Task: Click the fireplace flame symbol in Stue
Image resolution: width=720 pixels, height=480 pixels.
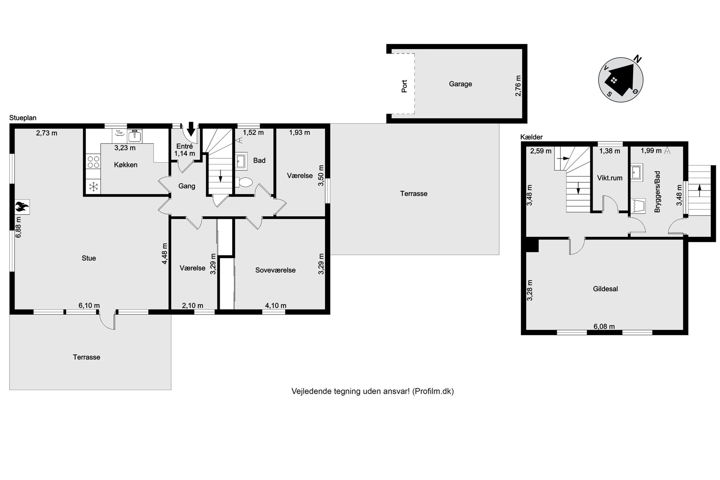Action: tap(22, 207)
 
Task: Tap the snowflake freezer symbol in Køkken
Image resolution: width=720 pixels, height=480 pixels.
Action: tap(94, 187)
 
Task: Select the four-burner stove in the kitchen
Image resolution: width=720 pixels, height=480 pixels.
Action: tap(93, 161)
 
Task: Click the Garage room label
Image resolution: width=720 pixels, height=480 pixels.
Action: tap(461, 84)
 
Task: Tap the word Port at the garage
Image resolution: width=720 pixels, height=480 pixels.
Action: tap(404, 86)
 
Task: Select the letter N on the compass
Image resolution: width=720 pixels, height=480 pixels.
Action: tap(638, 58)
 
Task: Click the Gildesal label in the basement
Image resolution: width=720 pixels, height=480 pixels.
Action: tap(605, 289)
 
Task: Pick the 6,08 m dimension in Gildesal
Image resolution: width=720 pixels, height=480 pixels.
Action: tap(604, 327)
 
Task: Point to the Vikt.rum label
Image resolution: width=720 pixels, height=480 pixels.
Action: tap(610, 178)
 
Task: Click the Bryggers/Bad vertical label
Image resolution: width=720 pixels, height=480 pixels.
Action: tap(657, 192)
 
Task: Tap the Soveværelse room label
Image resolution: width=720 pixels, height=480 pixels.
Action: tap(275, 270)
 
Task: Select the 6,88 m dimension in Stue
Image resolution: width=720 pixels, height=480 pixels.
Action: tap(19, 227)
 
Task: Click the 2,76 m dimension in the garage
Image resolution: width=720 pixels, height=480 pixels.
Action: tap(518, 86)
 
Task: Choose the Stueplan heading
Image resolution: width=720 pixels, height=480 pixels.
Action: tap(23, 118)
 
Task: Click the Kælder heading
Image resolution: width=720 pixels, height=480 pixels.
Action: tap(532, 137)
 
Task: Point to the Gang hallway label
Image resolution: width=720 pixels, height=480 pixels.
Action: tap(187, 186)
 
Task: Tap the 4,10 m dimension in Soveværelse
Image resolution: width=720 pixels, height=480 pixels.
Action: tap(276, 305)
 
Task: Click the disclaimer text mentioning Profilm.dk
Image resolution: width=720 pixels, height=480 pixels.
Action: tap(373, 391)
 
